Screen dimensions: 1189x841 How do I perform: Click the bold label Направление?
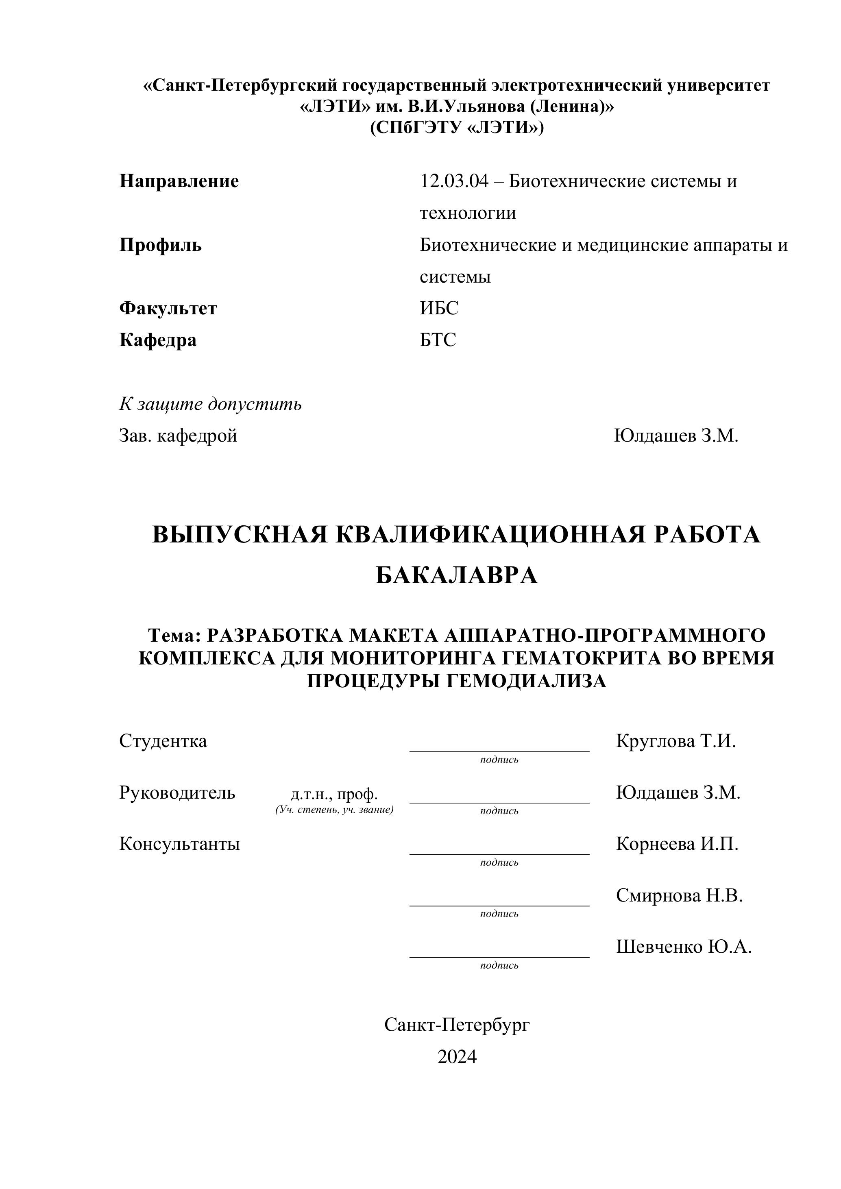[179, 181]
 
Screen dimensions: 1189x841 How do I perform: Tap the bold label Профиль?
[161, 245]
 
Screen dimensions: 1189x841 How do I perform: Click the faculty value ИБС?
[439, 309]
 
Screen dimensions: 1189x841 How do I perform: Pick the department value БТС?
[438, 340]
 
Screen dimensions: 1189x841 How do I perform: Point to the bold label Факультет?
[168, 309]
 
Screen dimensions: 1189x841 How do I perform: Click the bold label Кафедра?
[158, 340]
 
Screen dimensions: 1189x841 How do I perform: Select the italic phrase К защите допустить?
[210, 403]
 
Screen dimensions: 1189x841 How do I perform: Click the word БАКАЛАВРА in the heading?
[456, 575]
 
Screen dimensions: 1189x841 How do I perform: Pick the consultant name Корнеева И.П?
[677, 844]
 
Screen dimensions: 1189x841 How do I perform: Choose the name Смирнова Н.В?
[679, 895]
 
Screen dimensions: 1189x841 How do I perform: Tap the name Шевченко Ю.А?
[684, 947]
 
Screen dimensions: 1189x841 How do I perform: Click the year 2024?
[457, 1056]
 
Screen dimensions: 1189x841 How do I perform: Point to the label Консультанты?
[180, 844]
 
